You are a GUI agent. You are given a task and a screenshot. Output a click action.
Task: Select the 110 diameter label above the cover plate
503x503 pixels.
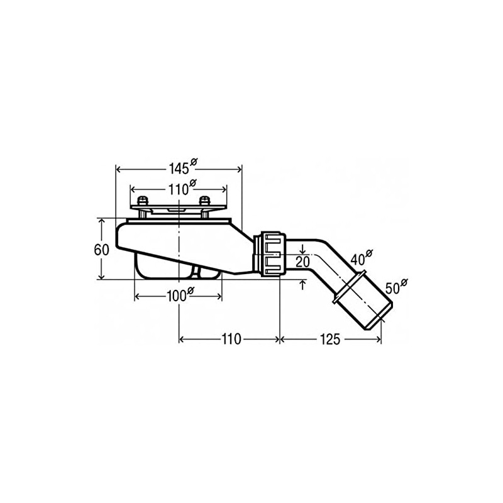[179, 189]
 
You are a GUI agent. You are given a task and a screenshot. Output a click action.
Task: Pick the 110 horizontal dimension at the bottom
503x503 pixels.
[231, 340]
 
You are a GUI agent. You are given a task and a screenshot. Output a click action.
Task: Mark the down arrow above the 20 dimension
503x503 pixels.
[303, 250]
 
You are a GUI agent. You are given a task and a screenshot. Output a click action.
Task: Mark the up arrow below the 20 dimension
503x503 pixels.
[303, 285]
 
